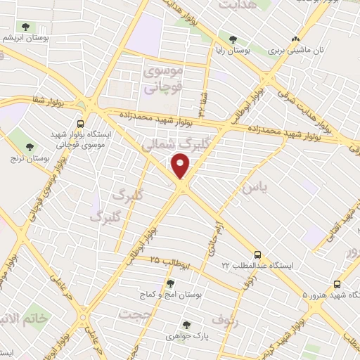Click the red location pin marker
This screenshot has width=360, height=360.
(181, 165)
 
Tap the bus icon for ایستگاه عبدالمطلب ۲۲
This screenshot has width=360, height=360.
(258, 255)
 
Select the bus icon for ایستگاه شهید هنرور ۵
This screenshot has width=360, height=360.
(337, 284)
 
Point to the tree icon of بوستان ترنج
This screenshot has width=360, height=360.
(30, 147)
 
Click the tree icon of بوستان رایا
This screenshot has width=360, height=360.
(233, 39)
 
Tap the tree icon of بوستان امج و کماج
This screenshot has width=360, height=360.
(169, 283)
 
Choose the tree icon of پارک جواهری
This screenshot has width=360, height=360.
(186, 324)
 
